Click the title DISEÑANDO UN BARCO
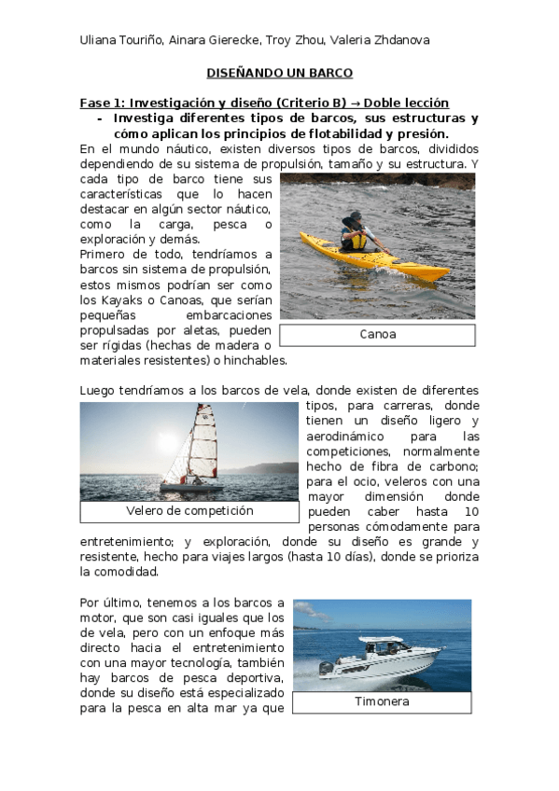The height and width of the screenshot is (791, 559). click(x=279, y=72)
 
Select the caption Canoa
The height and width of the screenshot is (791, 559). click(x=377, y=334)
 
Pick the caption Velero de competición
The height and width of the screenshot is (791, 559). click(x=189, y=511)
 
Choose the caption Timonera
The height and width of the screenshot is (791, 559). click(x=382, y=701)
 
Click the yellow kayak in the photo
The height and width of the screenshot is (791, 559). click(x=373, y=256)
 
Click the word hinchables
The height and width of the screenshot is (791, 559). click(x=255, y=361)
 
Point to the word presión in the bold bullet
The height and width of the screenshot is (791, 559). click(x=419, y=133)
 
